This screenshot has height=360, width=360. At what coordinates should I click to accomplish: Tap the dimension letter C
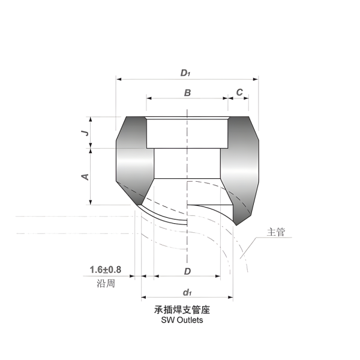point(239,92)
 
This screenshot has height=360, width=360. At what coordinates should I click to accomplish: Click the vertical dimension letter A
point(85,176)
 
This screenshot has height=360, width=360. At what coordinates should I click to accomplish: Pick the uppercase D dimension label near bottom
point(187,272)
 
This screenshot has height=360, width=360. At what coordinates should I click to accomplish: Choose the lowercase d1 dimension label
point(187,292)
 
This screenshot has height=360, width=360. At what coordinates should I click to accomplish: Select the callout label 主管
point(276,232)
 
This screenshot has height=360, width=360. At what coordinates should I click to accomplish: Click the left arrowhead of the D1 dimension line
point(119,79)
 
